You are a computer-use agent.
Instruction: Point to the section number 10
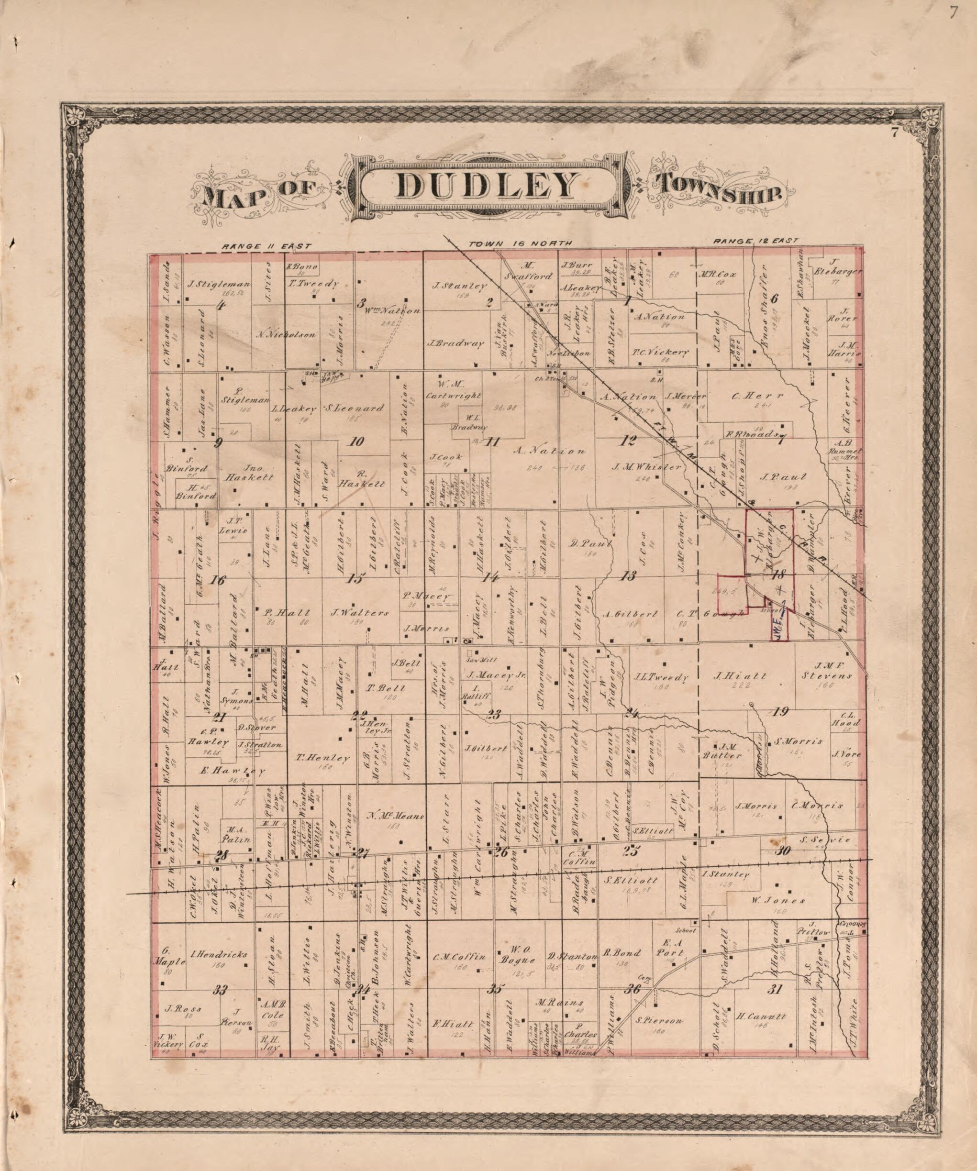(356, 442)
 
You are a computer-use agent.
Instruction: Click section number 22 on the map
(360, 714)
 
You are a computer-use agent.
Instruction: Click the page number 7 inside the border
(893, 133)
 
